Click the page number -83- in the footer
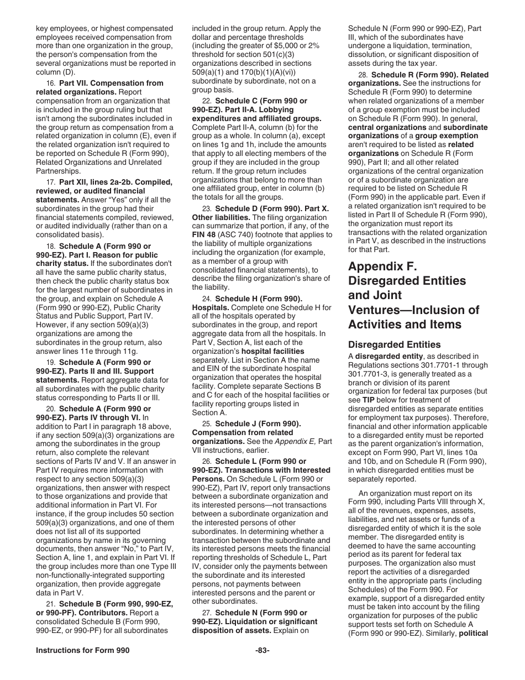click(262, 651)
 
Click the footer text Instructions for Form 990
click(82, 651)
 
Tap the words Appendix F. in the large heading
click(383, 266)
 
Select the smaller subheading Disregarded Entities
click(394, 344)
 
